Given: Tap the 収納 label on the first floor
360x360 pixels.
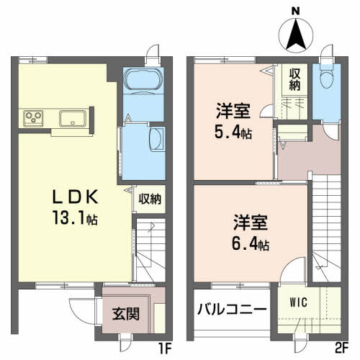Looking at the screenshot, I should (150, 198).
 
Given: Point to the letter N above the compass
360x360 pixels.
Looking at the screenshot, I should (294, 10).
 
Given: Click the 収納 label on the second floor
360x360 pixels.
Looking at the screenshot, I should (295, 78).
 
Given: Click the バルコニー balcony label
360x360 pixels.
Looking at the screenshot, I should (232, 310).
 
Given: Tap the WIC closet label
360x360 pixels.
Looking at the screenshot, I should (299, 302).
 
